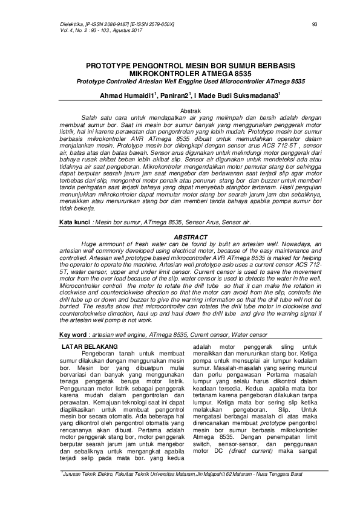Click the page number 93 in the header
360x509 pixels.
tap(314, 24)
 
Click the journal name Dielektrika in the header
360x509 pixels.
tap(73, 24)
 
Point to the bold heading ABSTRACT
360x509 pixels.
tap(191, 220)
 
